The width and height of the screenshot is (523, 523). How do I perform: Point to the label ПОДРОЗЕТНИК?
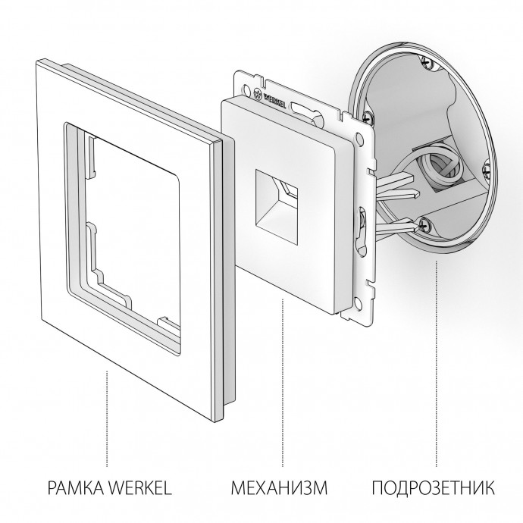click(437, 485)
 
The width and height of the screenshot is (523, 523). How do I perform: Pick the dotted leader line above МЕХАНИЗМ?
click(283, 379)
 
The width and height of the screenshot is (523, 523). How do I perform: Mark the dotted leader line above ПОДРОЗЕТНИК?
click(437, 356)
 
